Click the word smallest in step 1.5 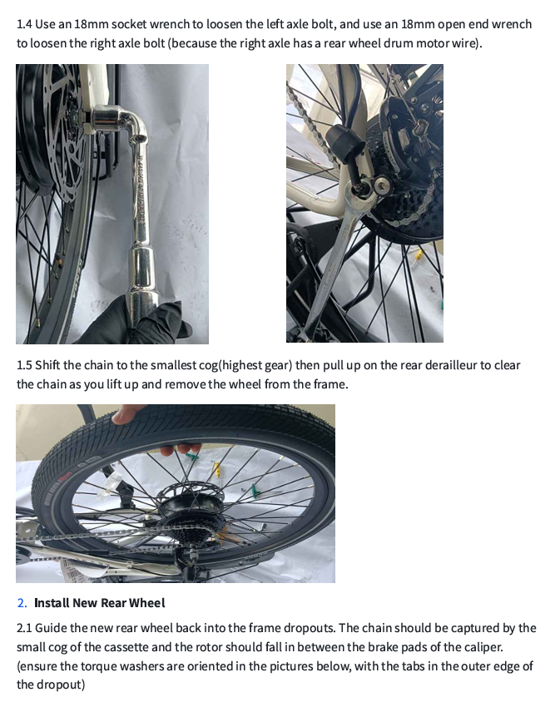191,366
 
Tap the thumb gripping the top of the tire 124,413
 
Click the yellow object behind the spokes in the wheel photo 218,469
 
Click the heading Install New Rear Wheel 99,603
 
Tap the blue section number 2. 22,603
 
